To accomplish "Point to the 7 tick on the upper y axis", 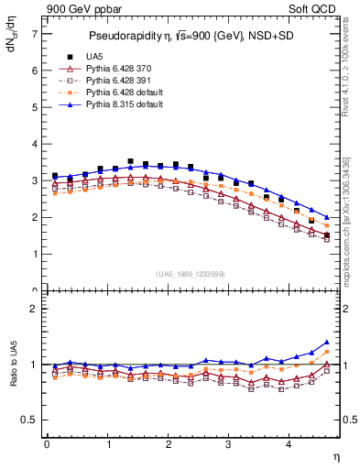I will pyautogui.click(x=34, y=34).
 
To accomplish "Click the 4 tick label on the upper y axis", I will pyautogui.click(x=34, y=144).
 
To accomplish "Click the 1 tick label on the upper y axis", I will pyautogui.click(x=34, y=255).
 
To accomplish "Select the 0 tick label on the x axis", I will pyautogui.click(x=46, y=444).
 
